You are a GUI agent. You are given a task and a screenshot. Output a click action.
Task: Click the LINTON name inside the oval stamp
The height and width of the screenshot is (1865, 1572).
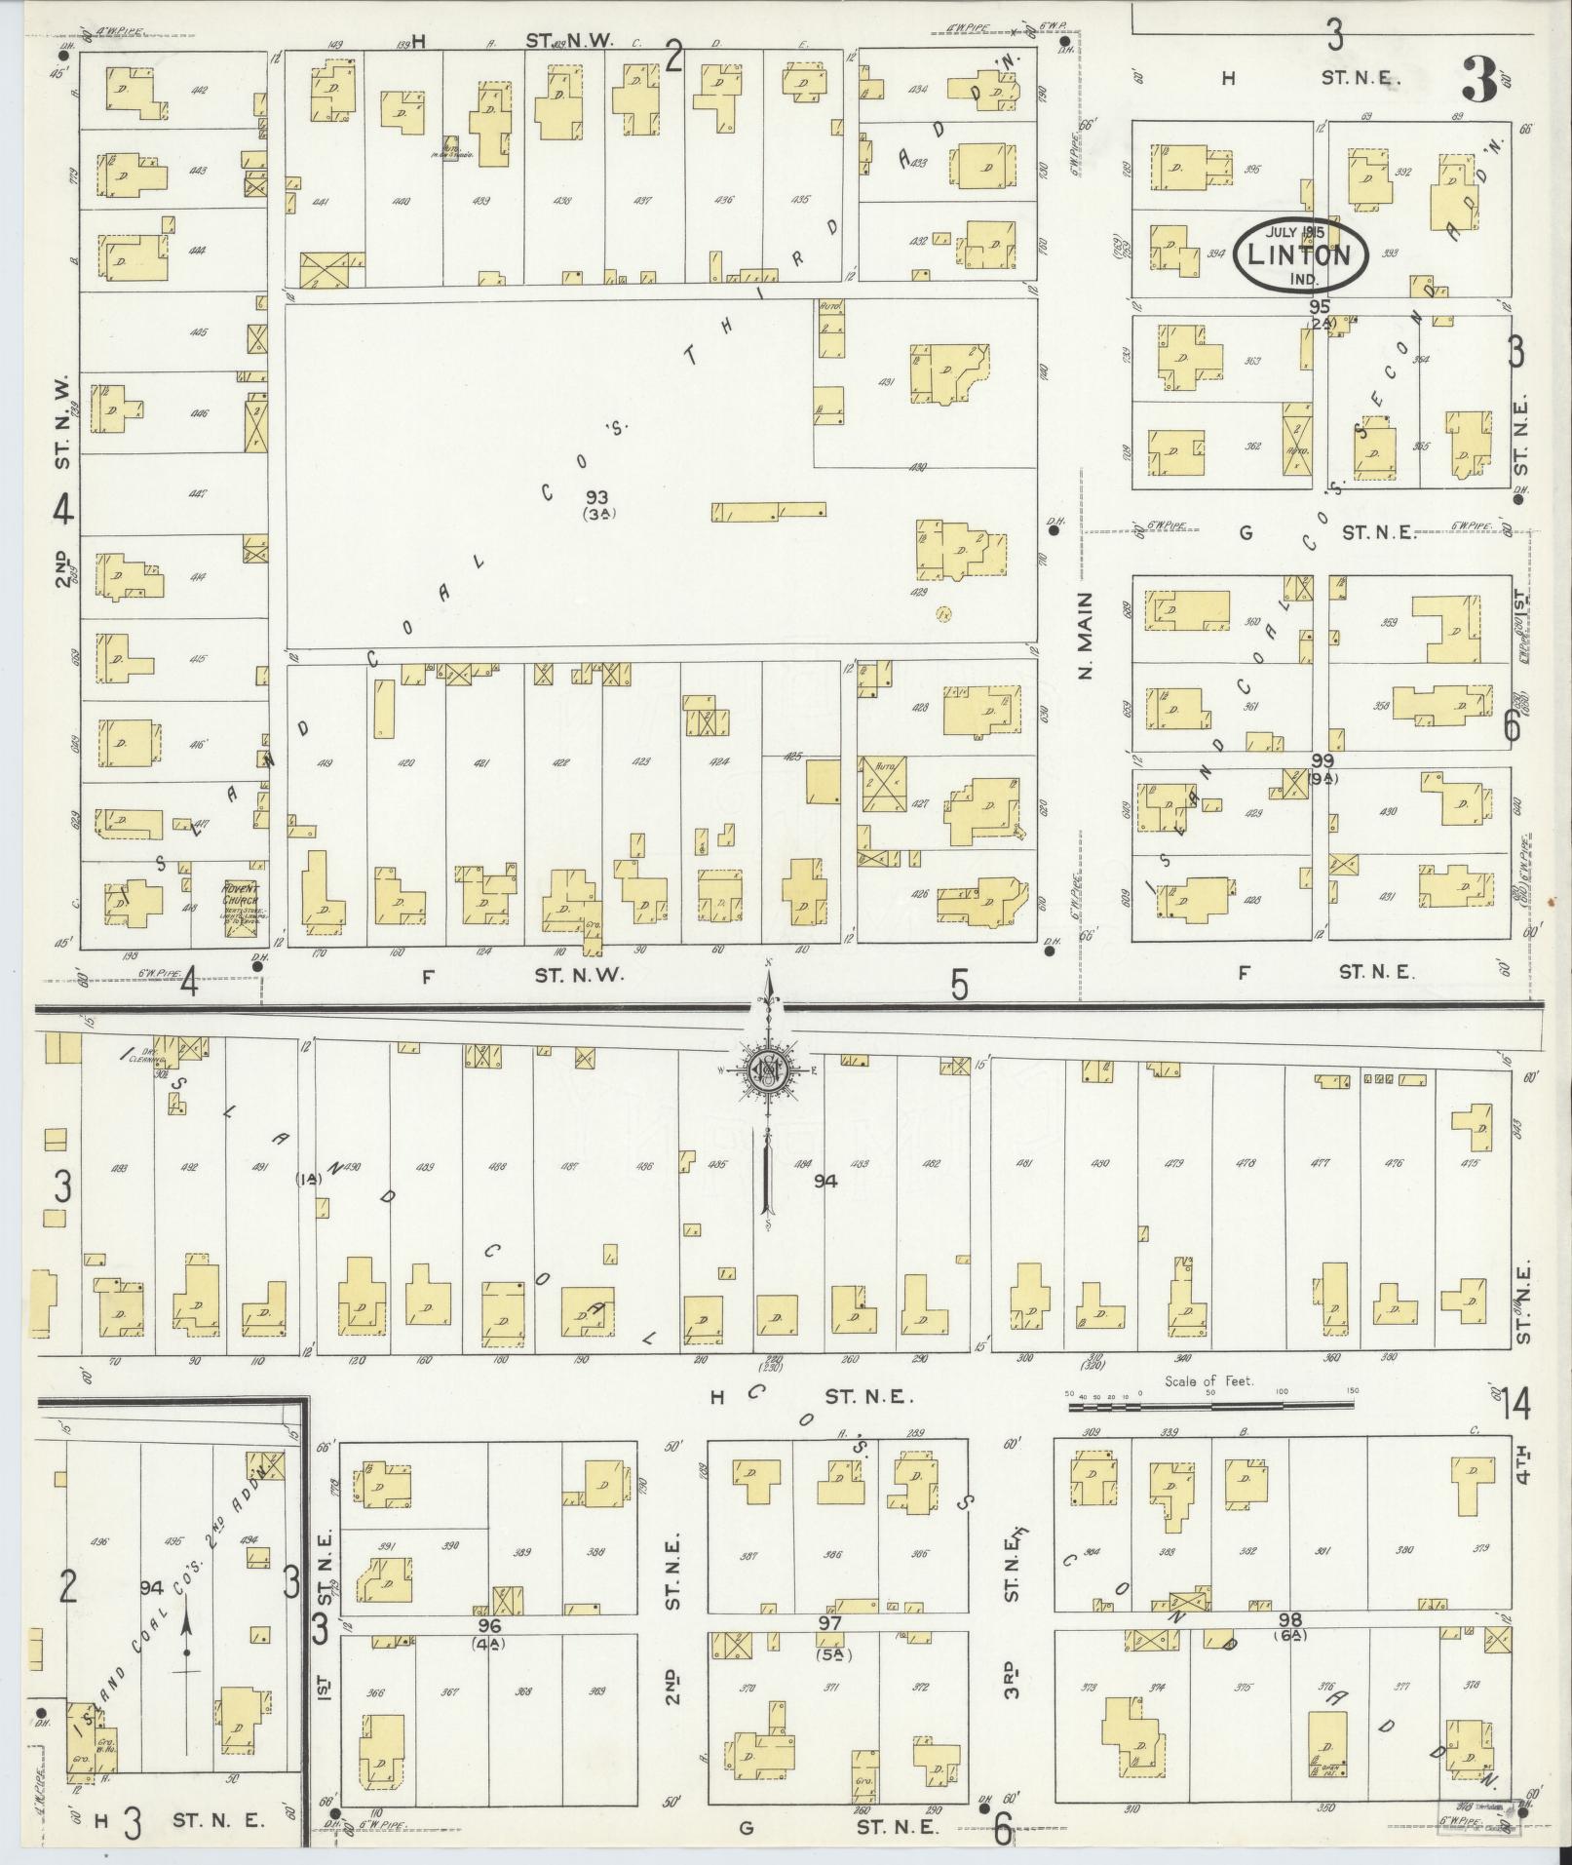[1300, 255]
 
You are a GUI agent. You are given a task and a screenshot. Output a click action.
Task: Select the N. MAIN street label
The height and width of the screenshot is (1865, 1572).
[1088, 636]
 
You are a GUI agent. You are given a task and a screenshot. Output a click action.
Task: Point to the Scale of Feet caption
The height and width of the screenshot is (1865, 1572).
[1208, 1381]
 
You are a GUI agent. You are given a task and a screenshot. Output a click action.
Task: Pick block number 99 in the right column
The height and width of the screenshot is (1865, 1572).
[1323, 760]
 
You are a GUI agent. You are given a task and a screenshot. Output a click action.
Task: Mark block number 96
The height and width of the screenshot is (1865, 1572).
[489, 1626]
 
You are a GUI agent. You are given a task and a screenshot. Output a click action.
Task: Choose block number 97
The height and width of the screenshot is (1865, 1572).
[829, 1623]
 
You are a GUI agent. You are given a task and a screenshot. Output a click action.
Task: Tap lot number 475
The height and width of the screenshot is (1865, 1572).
[1471, 1163]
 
